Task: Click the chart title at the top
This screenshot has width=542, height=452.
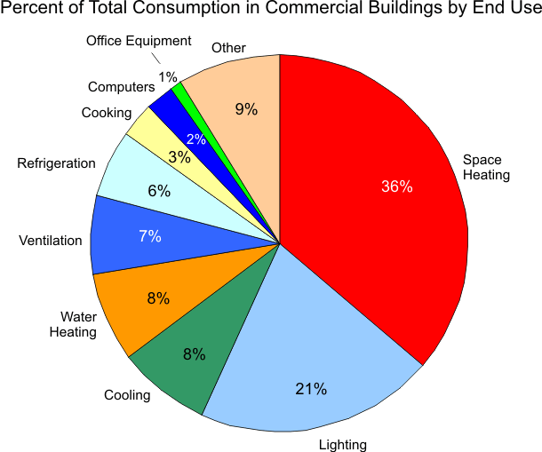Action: coord(271,15)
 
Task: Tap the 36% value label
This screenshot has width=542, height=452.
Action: coord(396,186)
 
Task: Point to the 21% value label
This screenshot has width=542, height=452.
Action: coord(312,389)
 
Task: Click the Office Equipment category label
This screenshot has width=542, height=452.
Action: coord(139,41)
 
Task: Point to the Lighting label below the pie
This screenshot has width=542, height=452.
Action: coord(342,444)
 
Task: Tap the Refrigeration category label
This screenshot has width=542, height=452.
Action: coord(56,163)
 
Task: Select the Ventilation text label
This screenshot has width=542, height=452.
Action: coord(50,241)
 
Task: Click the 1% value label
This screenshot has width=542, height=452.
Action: coord(167,77)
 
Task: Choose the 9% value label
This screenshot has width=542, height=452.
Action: coord(246,109)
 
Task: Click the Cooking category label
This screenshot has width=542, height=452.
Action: coord(106,113)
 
